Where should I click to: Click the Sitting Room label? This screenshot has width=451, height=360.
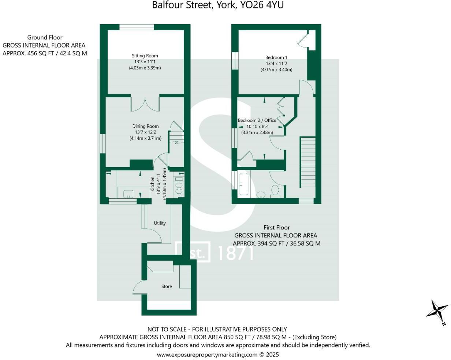coord(145,56)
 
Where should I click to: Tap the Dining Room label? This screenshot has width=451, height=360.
coord(145,126)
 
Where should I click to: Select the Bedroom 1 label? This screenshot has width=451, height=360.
coord(276,57)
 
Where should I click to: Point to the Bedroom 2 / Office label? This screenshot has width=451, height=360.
coord(257,120)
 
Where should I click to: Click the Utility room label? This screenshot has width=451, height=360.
coord(160,223)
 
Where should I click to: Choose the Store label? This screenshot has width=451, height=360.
coord(167,286)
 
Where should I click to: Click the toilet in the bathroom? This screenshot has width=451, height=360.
coord(275,191)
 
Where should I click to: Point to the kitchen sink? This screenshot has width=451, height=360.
coord(128,193)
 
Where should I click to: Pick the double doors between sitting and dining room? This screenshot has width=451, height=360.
coord(145,104)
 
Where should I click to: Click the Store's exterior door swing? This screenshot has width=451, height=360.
coord(139,287)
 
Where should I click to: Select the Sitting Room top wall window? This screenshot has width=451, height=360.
coord(136,27)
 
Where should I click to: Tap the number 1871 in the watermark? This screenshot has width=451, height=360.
coord(235,253)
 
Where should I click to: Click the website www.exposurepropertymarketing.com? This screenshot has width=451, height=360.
coord(207,355)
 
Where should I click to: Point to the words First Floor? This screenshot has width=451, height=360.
coord(276,228)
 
